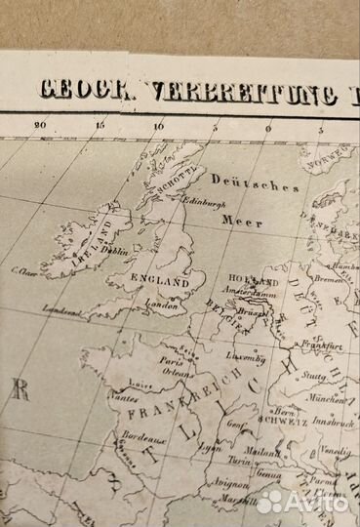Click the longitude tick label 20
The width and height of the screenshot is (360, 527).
coord(39,124)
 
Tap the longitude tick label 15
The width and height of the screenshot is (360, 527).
coord(100,124)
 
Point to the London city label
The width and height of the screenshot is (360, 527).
coord(161,304)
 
